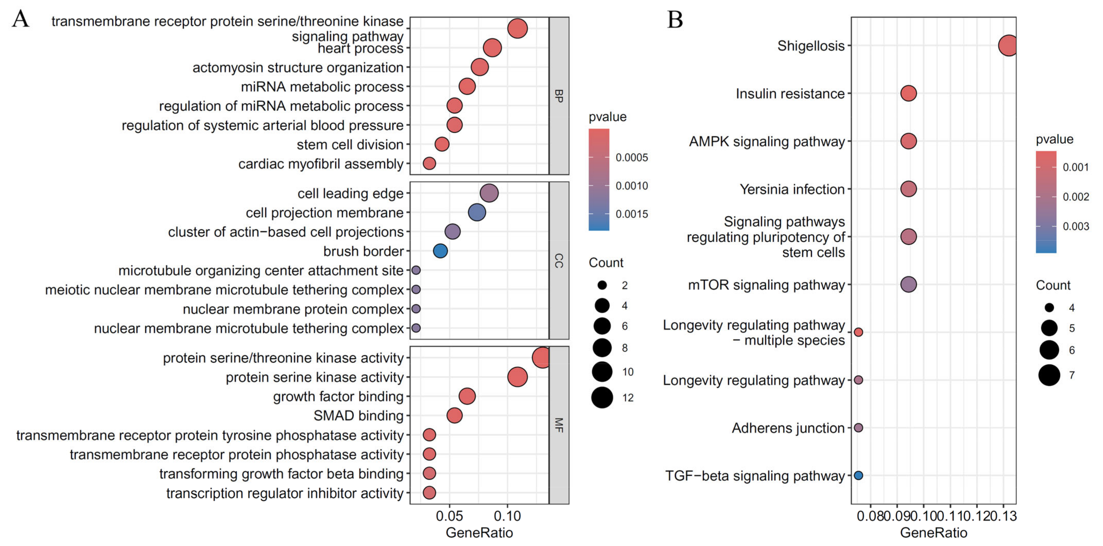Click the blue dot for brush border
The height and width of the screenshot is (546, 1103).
[x=440, y=251]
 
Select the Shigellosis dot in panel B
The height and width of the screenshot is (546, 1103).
[x=1008, y=45]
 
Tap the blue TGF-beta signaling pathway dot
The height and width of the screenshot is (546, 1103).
[x=858, y=475]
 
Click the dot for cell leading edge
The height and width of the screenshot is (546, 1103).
[x=489, y=193]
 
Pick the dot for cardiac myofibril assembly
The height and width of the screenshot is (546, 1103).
[x=429, y=163]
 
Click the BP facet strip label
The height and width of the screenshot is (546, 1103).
[x=559, y=96]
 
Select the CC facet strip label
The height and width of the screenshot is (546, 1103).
[x=559, y=260]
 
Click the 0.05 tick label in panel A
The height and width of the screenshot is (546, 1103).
[x=449, y=516]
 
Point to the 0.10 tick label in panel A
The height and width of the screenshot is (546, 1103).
[x=507, y=516]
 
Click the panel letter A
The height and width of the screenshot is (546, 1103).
[x=21, y=19]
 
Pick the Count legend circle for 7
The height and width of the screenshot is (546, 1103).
[x=1049, y=376]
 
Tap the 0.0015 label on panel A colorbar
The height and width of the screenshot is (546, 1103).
[x=632, y=214]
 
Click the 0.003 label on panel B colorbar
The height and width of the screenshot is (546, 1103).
[x=1076, y=226]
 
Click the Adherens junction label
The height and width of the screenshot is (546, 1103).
[x=788, y=428]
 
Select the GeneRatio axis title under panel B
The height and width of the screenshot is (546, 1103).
[x=933, y=533]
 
